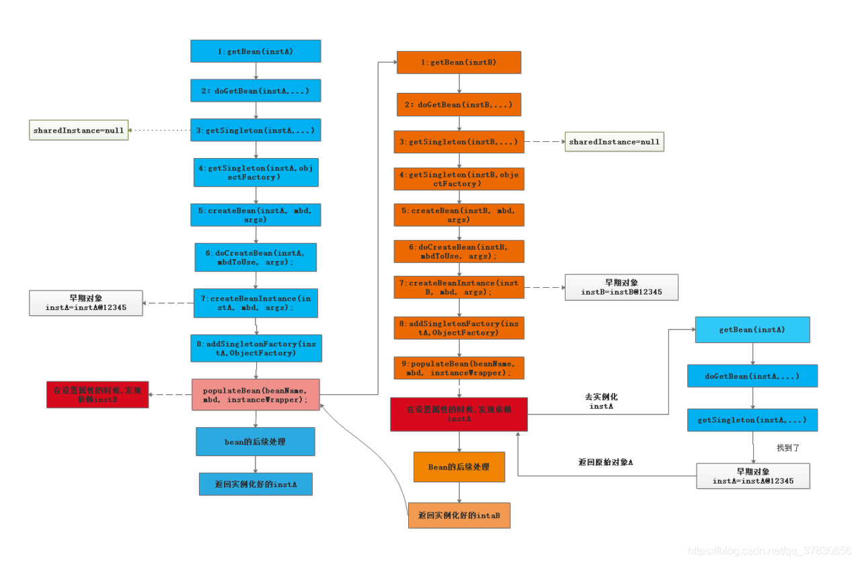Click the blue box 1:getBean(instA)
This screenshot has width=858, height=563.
256,51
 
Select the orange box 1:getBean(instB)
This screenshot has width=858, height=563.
459,63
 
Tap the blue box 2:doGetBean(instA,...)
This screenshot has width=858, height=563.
256,90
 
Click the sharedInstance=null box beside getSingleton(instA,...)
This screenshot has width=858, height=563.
79,130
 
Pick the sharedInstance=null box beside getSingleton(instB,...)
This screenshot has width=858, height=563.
614,142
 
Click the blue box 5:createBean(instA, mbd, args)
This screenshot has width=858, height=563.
256,215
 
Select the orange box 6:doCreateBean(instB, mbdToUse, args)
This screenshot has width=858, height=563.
459,251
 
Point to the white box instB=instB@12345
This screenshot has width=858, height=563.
621,287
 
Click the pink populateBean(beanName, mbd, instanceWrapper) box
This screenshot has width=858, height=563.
256,395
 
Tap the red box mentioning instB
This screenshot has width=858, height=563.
97,394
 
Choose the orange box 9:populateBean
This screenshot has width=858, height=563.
459,368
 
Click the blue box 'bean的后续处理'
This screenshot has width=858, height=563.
256,442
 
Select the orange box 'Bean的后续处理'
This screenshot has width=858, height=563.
459,467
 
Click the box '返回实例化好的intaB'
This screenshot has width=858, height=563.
459,515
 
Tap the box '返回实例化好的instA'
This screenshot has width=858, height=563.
256,484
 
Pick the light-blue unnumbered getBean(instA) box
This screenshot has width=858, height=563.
752,330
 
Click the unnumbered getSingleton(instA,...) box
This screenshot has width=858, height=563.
752,420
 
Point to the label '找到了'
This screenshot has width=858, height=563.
787,447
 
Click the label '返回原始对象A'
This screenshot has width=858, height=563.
605,462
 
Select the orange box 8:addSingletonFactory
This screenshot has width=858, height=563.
459,328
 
